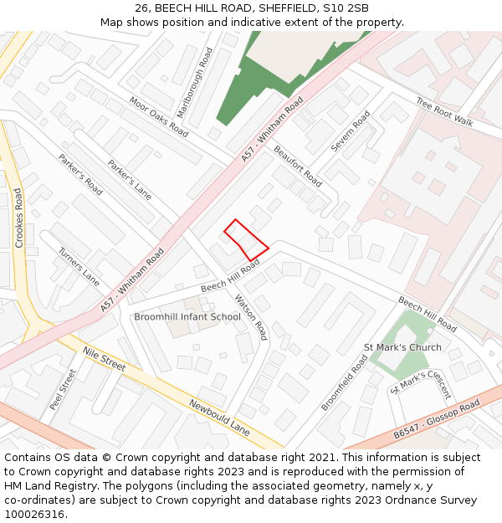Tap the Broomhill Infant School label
click(187, 317)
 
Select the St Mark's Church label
click(402, 347)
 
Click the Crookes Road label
click(19, 218)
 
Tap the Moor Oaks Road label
click(159, 116)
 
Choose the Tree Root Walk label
click(444, 110)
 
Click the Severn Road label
click(350, 131)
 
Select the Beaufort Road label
click(298, 167)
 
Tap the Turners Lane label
click(79, 267)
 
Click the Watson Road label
click(250, 317)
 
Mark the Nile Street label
click(104, 361)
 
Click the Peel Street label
click(63, 389)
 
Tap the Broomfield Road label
click(344, 382)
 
